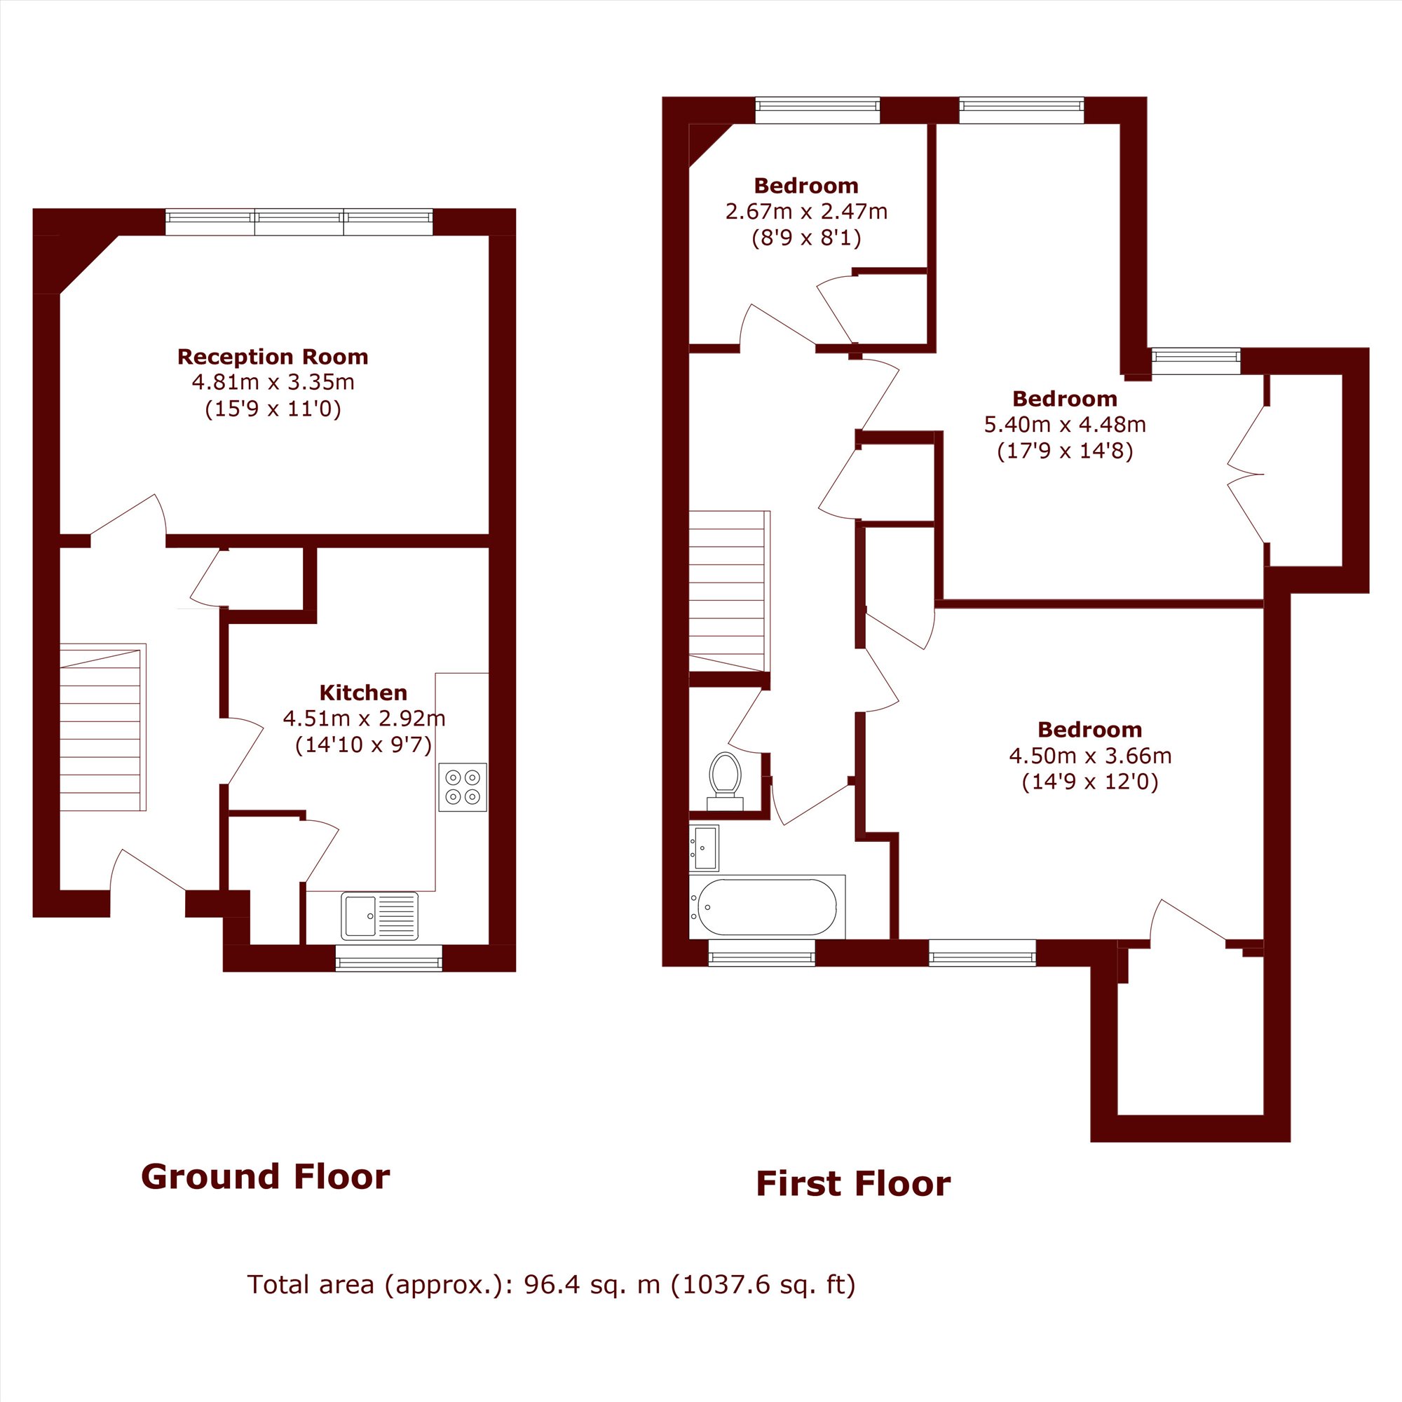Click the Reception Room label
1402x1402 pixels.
pyautogui.click(x=273, y=356)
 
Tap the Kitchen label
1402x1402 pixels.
pyautogui.click(x=363, y=693)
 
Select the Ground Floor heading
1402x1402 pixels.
pyautogui.click(x=265, y=1176)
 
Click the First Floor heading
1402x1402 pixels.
pyautogui.click(x=852, y=1183)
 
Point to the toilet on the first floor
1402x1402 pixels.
pyautogui.click(x=725, y=780)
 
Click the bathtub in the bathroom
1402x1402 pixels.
pyautogui.click(x=766, y=906)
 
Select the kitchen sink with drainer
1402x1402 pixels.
pyautogui.click(x=379, y=916)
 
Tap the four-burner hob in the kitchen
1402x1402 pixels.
pyautogui.click(x=462, y=787)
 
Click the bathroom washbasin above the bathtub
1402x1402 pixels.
pyautogui.click(x=703, y=848)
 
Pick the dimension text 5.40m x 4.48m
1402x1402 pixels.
pyautogui.click(x=1065, y=425)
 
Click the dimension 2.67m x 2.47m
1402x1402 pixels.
pyautogui.click(x=806, y=211)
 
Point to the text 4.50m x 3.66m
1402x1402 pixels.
pyautogui.click(x=1090, y=756)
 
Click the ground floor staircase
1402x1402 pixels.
pyautogui.click(x=103, y=727)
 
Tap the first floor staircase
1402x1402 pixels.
pyautogui.click(x=729, y=591)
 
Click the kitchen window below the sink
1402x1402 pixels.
pyautogui.click(x=389, y=958)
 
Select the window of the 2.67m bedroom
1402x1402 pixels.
pyautogui.click(x=817, y=110)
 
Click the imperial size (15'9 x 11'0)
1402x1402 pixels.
pyautogui.click(x=273, y=409)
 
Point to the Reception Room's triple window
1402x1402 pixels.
pyautogui.click(x=299, y=222)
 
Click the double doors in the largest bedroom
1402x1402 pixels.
pyautogui.click(x=1246, y=475)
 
